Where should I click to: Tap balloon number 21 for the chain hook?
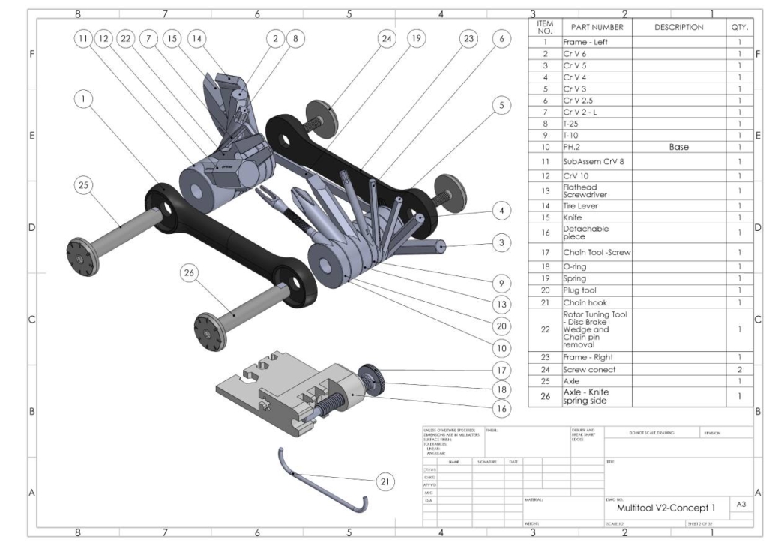385,482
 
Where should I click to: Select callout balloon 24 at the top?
387,39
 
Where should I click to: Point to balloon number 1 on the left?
84,97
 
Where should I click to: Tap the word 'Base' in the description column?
678,147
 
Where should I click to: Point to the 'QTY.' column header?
738,28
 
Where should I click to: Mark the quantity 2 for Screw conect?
739,369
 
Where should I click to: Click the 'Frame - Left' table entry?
585,42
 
